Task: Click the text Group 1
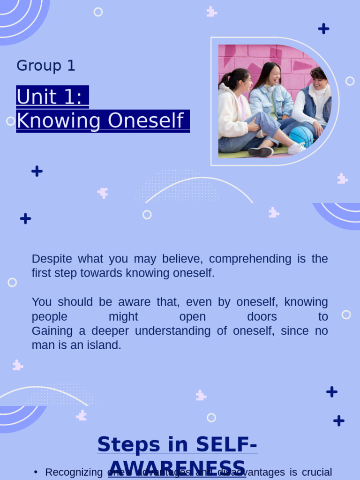(x=45, y=66)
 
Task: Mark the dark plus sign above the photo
(x=323, y=29)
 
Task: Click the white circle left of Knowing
(x=10, y=121)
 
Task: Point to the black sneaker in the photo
(x=261, y=152)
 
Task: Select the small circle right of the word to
(x=346, y=315)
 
